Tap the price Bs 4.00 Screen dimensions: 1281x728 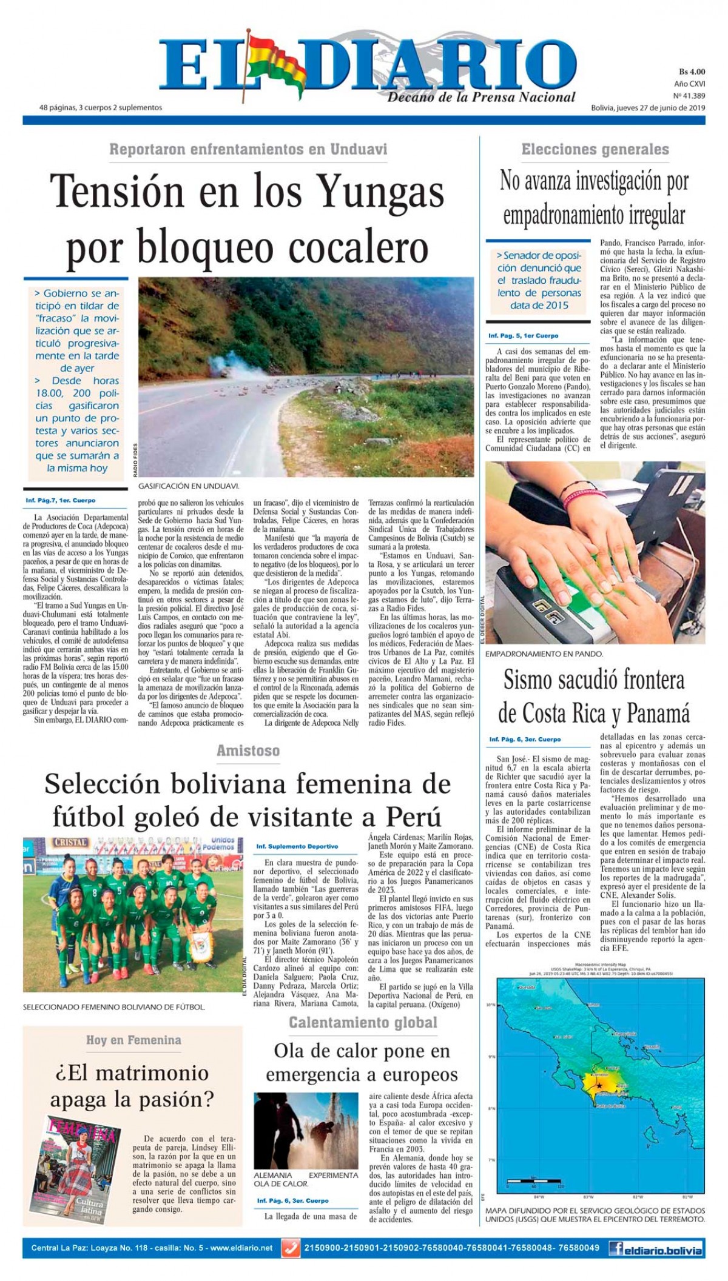(x=692, y=72)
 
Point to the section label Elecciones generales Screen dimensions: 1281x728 (x=595, y=149)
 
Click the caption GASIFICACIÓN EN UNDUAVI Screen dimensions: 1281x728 (x=189, y=486)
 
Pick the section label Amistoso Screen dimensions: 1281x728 (x=248, y=751)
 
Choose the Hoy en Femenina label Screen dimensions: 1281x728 (x=133, y=1040)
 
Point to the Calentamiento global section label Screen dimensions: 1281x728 (x=363, y=1023)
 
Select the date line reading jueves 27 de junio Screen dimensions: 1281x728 (x=648, y=108)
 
